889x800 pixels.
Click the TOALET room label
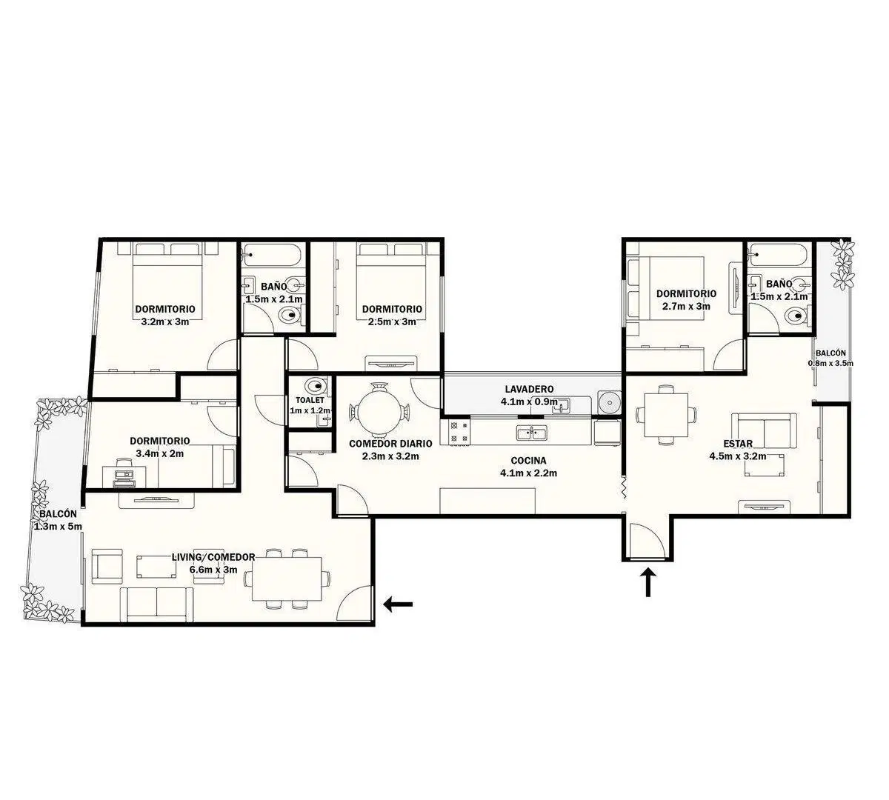pos(310,400)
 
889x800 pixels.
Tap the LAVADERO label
pos(529,389)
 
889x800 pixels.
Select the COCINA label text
pos(529,461)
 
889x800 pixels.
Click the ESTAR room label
pos(737,444)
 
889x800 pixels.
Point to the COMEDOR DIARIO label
pos(390,444)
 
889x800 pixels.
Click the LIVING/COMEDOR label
pos(213,557)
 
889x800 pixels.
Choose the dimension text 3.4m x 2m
pos(160,453)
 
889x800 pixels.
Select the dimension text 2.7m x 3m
pos(686,306)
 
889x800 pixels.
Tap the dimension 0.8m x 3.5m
pos(830,363)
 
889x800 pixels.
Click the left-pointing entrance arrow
pos(398,604)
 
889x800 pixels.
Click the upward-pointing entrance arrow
pos(648,583)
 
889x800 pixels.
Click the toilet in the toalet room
pos(317,387)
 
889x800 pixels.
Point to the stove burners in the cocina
pos(459,432)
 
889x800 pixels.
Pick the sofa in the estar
pos(764,431)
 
